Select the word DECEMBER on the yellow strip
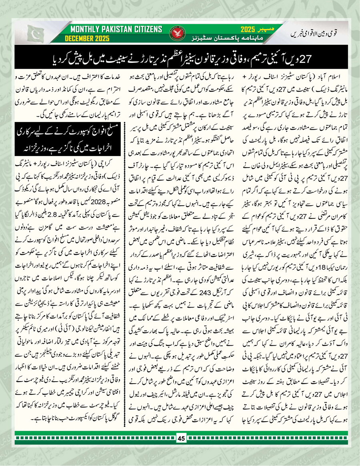coord(84,38)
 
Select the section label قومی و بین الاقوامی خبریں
coord(322,34)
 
